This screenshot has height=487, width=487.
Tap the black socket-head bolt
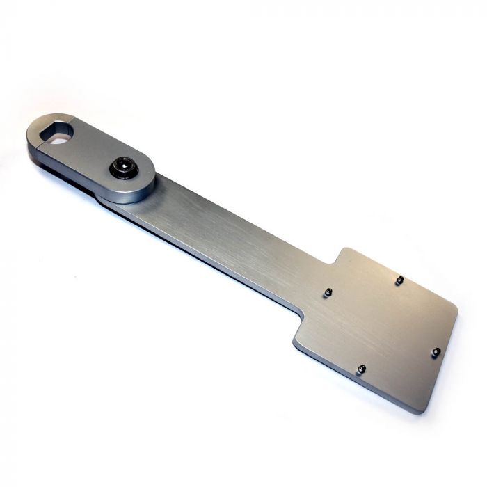(125, 168)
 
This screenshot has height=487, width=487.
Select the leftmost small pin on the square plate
(326, 293)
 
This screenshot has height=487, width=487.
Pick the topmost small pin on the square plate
(399, 280)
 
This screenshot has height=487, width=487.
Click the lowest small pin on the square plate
(361, 369)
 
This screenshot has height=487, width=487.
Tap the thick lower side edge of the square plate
(355, 379)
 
